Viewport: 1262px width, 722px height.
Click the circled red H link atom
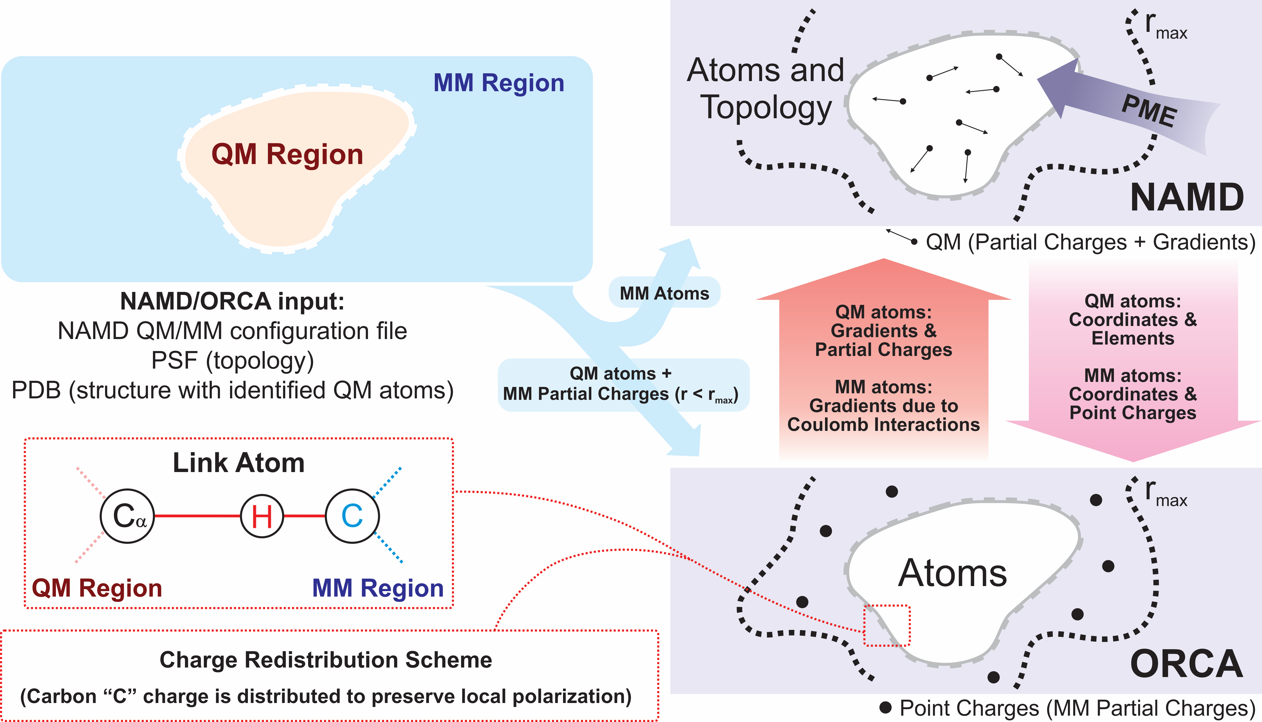coord(262,516)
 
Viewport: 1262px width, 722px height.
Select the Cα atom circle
coord(127,516)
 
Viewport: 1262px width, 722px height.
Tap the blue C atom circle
coord(352,516)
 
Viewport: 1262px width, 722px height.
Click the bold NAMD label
coord(1187,197)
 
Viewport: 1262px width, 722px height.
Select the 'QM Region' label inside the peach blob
coord(287,154)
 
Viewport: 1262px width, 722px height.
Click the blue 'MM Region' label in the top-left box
coord(499,83)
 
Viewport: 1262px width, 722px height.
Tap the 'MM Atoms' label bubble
coord(664,293)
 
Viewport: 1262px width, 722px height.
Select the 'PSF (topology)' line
coord(232,361)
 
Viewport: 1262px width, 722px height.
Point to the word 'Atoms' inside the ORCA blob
coord(952,573)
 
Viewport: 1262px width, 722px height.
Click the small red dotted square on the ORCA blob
coord(887,625)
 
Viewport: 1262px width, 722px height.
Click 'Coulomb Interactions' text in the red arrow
coord(884,425)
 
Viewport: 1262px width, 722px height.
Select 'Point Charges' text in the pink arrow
coord(1133,413)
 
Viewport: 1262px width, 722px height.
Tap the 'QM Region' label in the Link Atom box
coord(97,588)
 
